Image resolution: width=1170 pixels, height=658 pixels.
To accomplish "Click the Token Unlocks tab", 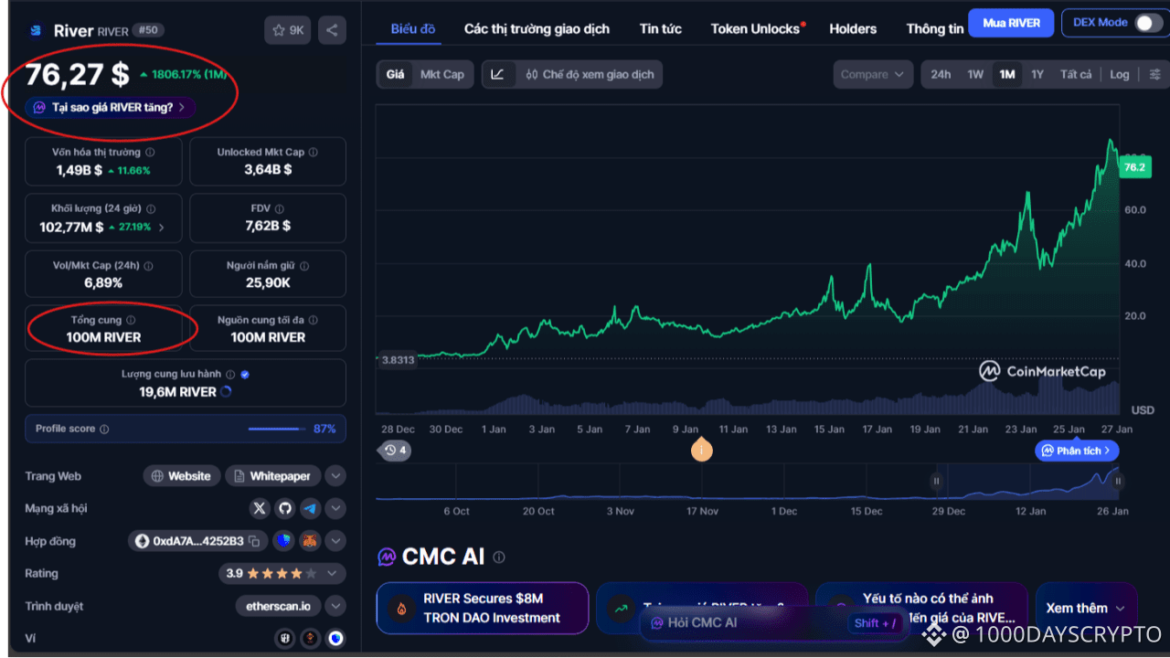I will tap(756, 28).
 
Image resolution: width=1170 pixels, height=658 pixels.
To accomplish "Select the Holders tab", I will tap(853, 28).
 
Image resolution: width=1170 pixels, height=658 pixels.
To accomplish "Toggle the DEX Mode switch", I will tap(1148, 23).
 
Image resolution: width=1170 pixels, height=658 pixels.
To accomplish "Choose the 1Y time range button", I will tap(1037, 74).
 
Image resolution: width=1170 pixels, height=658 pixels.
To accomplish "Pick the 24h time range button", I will tap(941, 74).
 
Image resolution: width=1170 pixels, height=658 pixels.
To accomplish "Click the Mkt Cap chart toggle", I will tap(442, 74).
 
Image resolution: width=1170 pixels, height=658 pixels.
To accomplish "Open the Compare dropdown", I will tap(872, 74).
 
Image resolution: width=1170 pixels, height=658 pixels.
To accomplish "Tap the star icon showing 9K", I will tap(287, 30).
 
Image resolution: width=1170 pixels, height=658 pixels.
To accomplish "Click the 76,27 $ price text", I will tap(77, 74).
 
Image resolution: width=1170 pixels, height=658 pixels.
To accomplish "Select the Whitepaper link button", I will tap(273, 476).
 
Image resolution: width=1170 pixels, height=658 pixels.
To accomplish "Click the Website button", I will tap(182, 476).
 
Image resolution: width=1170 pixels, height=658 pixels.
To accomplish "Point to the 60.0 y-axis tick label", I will tap(1134, 210).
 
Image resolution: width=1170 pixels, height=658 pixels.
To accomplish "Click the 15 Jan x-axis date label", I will tap(829, 430).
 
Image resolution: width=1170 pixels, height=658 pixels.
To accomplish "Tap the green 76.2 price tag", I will tap(1134, 167).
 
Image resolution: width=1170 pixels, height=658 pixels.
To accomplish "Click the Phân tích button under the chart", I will tap(1077, 451).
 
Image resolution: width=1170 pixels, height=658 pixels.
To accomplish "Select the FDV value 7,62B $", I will tap(268, 225).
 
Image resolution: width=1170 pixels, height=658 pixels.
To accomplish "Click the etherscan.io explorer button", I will tap(278, 606).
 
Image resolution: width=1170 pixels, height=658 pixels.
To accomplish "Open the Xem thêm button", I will tap(1085, 608).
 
